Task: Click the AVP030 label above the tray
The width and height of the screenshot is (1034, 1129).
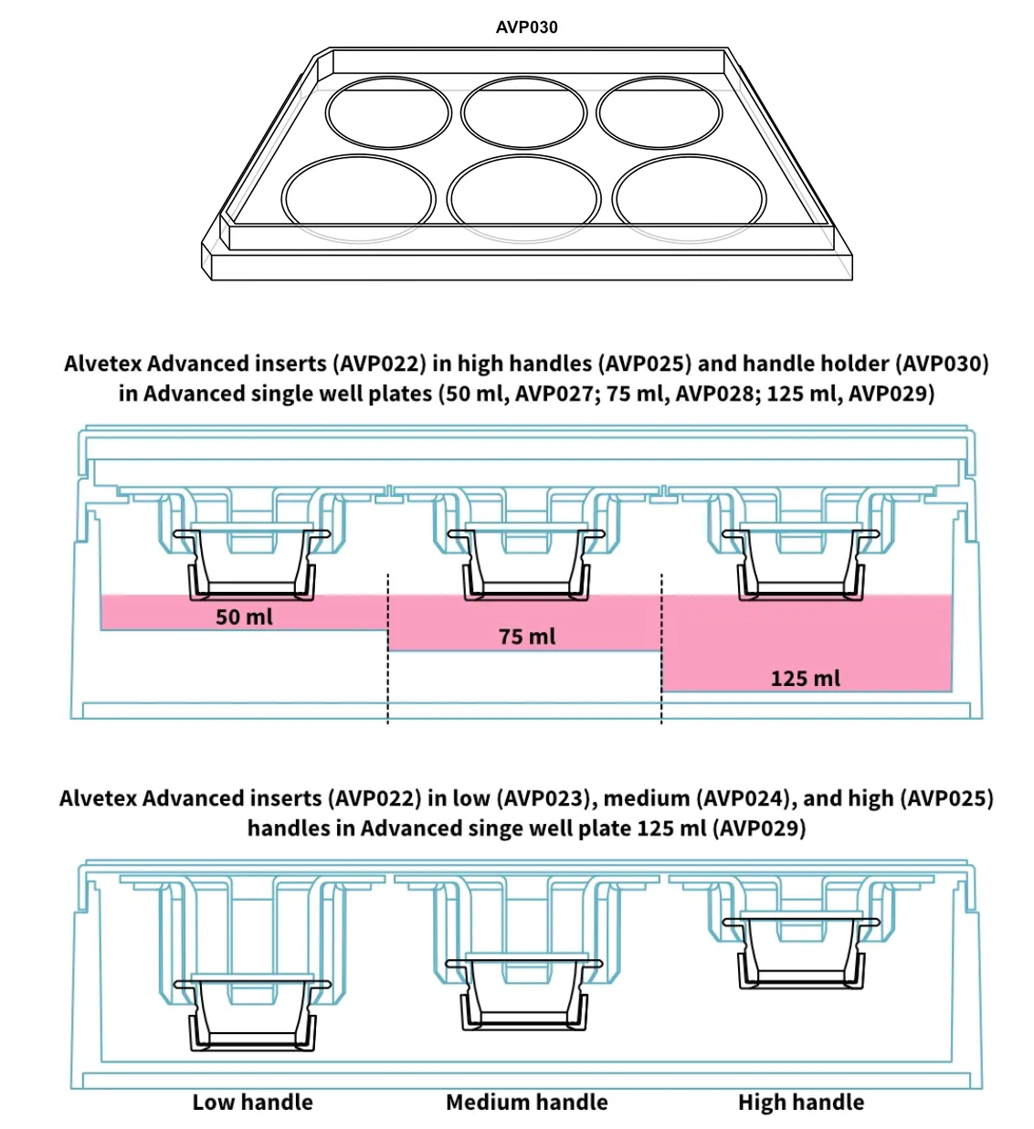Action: (x=526, y=27)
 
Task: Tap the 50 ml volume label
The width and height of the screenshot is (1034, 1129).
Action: (x=244, y=617)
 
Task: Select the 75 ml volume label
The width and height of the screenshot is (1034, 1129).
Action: (x=526, y=637)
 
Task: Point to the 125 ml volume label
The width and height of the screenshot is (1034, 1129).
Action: (x=805, y=679)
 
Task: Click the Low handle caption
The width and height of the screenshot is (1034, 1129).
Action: (x=252, y=1103)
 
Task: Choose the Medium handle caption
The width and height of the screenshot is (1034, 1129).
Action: (x=526, y=1103)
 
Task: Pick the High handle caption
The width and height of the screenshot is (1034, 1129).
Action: (x=800, y=1103)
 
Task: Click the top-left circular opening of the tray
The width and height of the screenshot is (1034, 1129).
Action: (x=389, y=114)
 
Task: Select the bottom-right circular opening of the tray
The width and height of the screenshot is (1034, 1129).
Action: (x=689, y=198)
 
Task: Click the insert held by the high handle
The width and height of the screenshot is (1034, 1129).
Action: (x=800, y=950)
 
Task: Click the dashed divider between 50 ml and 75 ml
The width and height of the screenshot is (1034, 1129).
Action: (x=388, y=649)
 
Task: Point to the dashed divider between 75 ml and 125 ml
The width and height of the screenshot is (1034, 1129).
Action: (x=661, y=649)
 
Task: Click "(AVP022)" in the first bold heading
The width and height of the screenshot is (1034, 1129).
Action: (x=380, y=364)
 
